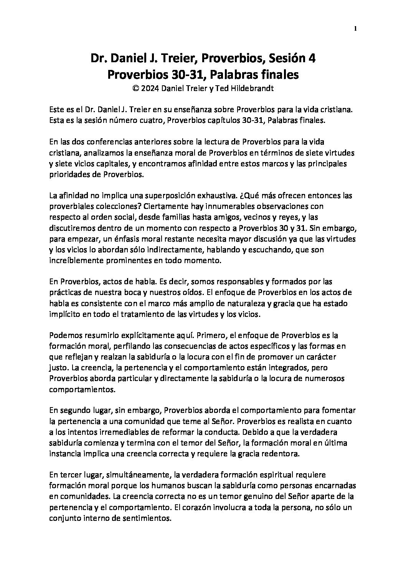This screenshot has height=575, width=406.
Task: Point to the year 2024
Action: point(150,88)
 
